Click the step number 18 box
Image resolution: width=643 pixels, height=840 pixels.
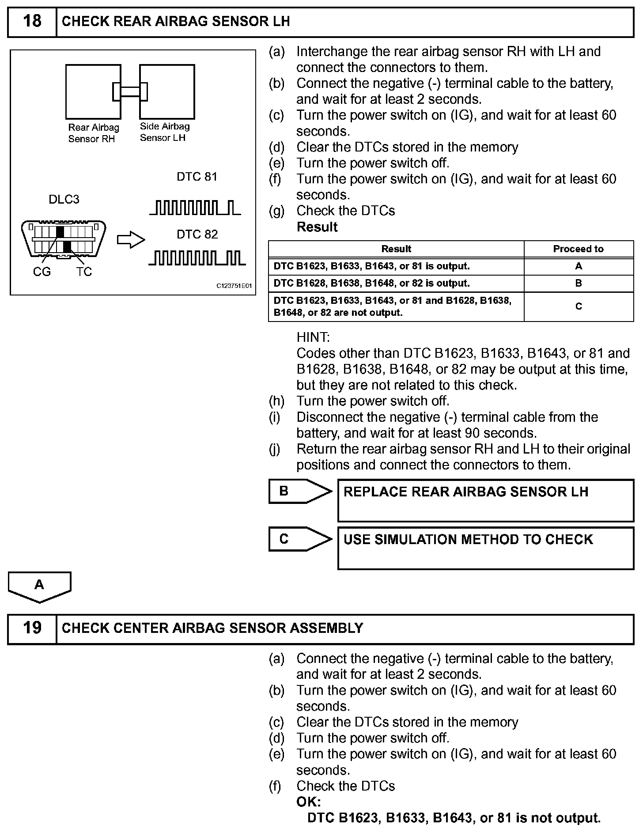[x=32, y=22]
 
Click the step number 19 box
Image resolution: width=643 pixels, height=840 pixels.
[x=32, y=628]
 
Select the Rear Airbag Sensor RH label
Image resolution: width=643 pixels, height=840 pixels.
[x=93, y=133]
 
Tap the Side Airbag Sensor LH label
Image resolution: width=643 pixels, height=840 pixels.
[x=164, y=132]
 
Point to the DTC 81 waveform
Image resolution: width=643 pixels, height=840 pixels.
[x=195, y=208]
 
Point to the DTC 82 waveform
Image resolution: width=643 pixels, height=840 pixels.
[x=197, y=258]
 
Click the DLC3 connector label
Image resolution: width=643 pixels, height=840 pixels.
[x=64, y=200]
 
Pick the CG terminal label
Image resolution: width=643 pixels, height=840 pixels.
[x=42, y=272]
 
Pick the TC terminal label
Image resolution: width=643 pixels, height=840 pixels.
[x=83, y=272]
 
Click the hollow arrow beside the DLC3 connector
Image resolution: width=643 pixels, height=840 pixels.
[x=131, y=240]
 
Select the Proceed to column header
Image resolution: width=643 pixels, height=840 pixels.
[x=578, y=249]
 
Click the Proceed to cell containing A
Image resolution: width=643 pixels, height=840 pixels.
[x=579, y=266]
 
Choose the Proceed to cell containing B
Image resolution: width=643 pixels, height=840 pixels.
[x=579, y=284]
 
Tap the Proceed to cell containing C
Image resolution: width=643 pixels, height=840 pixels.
[x=579, y=306]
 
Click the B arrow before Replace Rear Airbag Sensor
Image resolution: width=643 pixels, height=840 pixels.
[x=299, y=491]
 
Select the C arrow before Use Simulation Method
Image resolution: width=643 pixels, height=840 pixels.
[x=299, y=539]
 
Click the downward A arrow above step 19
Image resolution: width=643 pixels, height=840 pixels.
[x=39, y=586]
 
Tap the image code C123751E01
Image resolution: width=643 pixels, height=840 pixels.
[x=234, y=286]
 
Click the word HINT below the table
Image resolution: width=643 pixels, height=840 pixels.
[x=313, y=337]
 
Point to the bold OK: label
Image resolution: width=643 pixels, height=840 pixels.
[x=309, y=802]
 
